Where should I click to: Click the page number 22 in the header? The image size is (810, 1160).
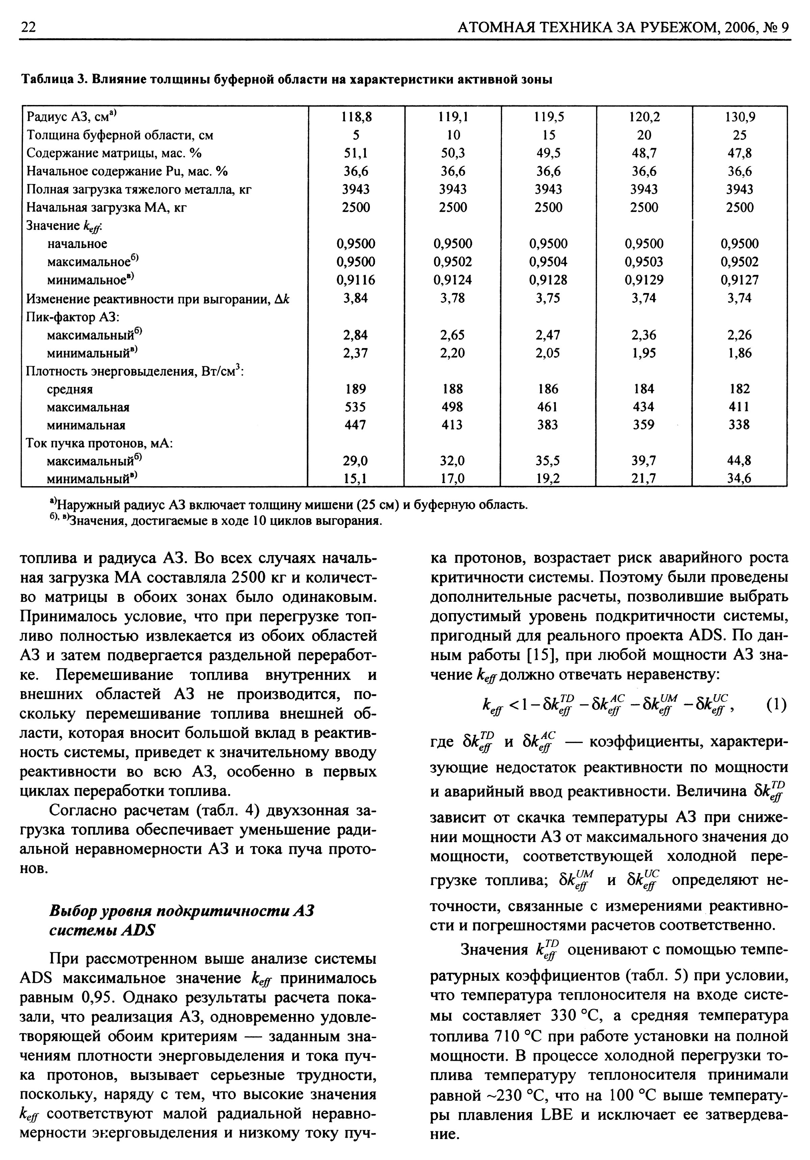(x=28, y=27)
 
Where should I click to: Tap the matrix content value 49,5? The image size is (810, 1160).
(x=548, y=153)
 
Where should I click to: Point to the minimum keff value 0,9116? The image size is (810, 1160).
(x=356, y=280)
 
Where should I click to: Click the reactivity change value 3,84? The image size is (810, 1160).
(x=356, y=298)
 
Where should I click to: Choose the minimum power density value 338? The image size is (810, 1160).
(x=739, y=425)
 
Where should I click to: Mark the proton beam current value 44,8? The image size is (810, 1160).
(x=740, y=460)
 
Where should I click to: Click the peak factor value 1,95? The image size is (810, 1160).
(x=644, y=353)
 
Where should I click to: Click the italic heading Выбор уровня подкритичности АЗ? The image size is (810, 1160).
(x=182, y=911)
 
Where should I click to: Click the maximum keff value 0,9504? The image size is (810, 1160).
(x=548, y=262)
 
